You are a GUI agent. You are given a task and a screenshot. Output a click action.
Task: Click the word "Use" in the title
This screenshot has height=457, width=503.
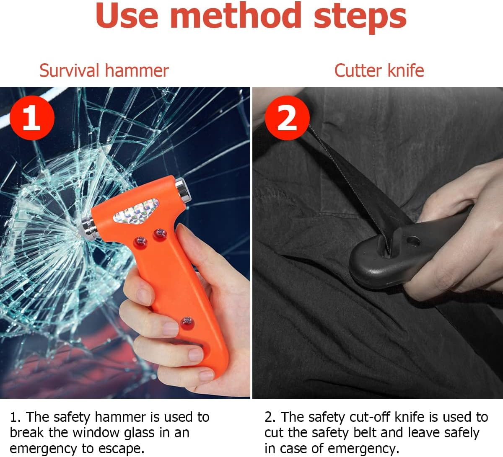point(127,16)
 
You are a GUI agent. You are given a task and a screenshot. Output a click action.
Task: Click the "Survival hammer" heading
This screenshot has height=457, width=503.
point(104,70)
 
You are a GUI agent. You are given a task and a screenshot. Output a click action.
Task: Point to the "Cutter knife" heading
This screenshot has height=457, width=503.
point(379,70)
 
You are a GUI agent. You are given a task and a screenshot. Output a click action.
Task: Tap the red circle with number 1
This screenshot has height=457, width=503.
point(32,118)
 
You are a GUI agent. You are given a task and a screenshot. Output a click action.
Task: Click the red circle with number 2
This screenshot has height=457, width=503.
point(287,118)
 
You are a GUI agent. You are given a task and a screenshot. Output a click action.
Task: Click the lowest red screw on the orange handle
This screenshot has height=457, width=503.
point(187,322)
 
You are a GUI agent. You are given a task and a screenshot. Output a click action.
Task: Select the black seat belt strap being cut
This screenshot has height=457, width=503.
point(348,176)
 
